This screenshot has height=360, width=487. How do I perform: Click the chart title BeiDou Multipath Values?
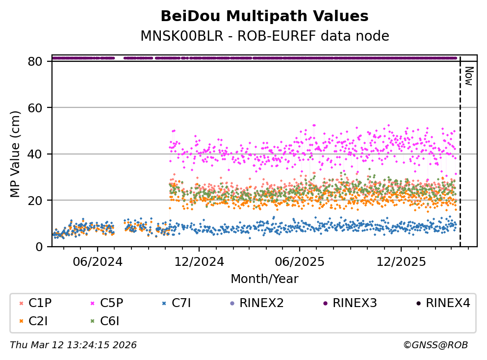[x=264, y=16]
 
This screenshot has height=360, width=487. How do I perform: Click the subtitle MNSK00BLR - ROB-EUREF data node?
[x=264, y=36]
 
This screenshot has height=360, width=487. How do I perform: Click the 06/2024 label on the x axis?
[x=97, y=261]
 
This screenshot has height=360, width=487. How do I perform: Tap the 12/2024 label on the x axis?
[x=198, y=261]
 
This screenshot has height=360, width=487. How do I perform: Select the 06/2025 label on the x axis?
[x=299, y=261]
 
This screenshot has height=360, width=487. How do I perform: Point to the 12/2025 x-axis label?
[x=401, y=261]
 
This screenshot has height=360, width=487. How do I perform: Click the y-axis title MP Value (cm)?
[x=17, y=154]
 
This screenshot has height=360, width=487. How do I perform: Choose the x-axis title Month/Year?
[x=264, y=279]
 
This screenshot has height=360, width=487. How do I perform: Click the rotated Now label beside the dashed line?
[x=468, y=76]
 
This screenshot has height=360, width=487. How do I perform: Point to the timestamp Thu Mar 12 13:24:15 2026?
[x=73, y=345]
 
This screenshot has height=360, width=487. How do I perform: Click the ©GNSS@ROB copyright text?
[x=435, y=345]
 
